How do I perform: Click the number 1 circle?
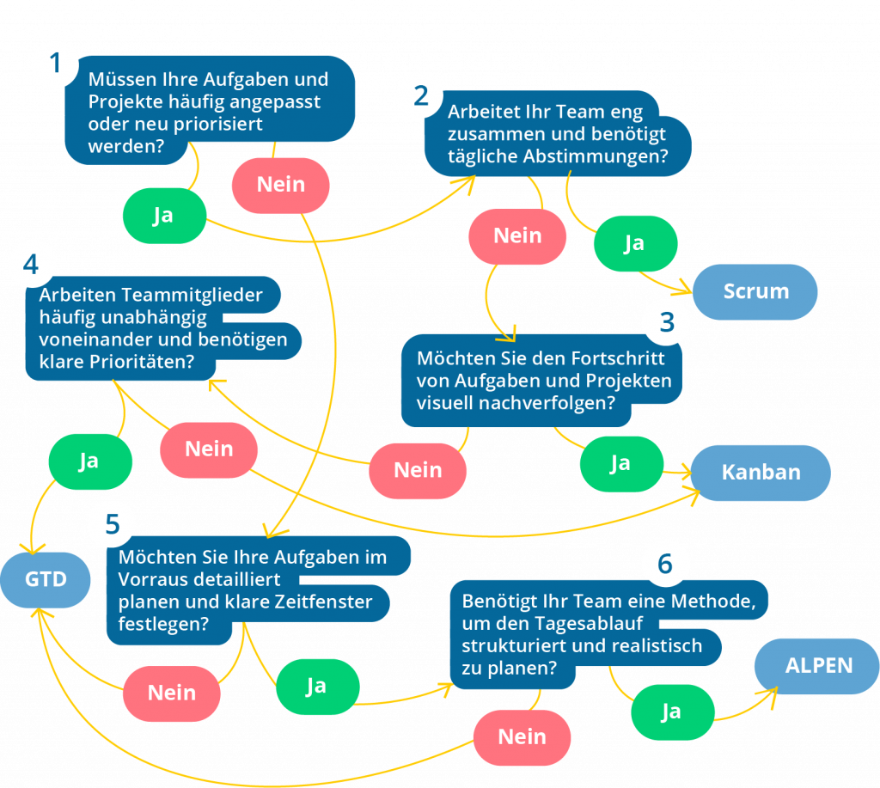point(56,65)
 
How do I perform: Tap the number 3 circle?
point(666,322)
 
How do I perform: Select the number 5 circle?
point(113,524)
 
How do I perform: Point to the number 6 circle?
point(666,565)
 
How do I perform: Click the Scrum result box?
point(755,291)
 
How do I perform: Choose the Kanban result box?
point(761,472)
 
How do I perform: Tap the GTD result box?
point(46,580)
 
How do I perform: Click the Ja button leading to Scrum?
point(634,243)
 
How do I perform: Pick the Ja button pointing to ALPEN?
point(671,711)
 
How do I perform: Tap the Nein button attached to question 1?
point(281,184)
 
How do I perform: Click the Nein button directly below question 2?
point(517,235)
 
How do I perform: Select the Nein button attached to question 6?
point(522,736)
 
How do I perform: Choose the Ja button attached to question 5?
point(316,685)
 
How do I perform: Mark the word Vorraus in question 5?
point(150,579)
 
